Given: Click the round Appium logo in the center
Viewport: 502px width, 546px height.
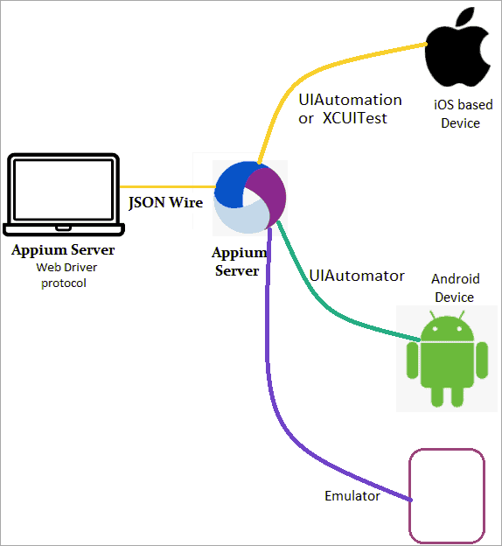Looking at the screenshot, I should [251, 199].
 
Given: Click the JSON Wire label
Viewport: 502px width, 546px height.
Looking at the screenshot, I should [166, 203].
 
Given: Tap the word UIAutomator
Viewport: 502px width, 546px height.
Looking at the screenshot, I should [357, 276].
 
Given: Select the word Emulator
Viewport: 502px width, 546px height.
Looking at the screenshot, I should [352, 496].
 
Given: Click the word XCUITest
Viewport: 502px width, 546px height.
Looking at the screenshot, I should [353, 118].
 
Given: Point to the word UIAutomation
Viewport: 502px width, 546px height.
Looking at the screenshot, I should [350, 100].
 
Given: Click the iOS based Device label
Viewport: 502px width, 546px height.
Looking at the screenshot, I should [464, 114].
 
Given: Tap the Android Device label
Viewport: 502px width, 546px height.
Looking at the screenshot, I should [456, 288].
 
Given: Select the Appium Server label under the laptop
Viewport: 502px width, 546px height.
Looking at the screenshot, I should [63, 251].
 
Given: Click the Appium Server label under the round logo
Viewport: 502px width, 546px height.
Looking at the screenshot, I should [237, 262].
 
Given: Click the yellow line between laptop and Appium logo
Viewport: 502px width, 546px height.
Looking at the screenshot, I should [166, 186].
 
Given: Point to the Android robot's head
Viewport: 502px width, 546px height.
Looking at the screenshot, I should [447, 331].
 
